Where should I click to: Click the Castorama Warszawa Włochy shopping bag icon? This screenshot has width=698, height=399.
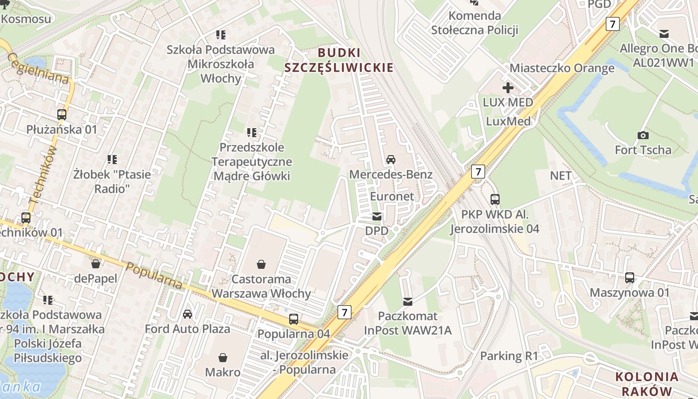point(261,263)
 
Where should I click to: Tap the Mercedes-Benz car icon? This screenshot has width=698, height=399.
point(391,160)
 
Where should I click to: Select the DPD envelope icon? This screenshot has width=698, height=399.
point(377,216)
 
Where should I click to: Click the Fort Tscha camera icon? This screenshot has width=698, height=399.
point(643,135)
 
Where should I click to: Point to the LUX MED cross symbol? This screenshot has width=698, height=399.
point(508,88)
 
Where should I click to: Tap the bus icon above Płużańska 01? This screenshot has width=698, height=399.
point(62,115)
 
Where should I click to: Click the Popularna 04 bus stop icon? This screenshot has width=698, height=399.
point(294,319)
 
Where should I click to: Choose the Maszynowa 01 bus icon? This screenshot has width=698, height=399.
point(630,278)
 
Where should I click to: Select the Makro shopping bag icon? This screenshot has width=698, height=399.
point(223,358)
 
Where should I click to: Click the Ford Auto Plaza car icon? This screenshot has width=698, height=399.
point(187,314)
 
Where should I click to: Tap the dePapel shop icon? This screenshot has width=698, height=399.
point(95,263)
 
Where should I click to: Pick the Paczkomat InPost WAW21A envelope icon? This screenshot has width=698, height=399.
point(408,301)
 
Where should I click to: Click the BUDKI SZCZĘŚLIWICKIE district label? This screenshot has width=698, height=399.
point(339,60)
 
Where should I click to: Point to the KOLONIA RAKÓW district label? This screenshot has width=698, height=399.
point(647,384)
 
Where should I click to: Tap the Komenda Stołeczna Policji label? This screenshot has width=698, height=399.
point(475,22)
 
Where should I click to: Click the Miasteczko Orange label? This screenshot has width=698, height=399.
point(562,68)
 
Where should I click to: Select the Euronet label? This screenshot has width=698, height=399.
point(392,196)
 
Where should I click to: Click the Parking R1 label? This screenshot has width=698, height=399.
point(509,356)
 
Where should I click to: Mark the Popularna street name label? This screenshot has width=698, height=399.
point(154,275)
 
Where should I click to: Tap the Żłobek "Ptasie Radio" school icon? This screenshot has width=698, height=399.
point(112,160)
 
